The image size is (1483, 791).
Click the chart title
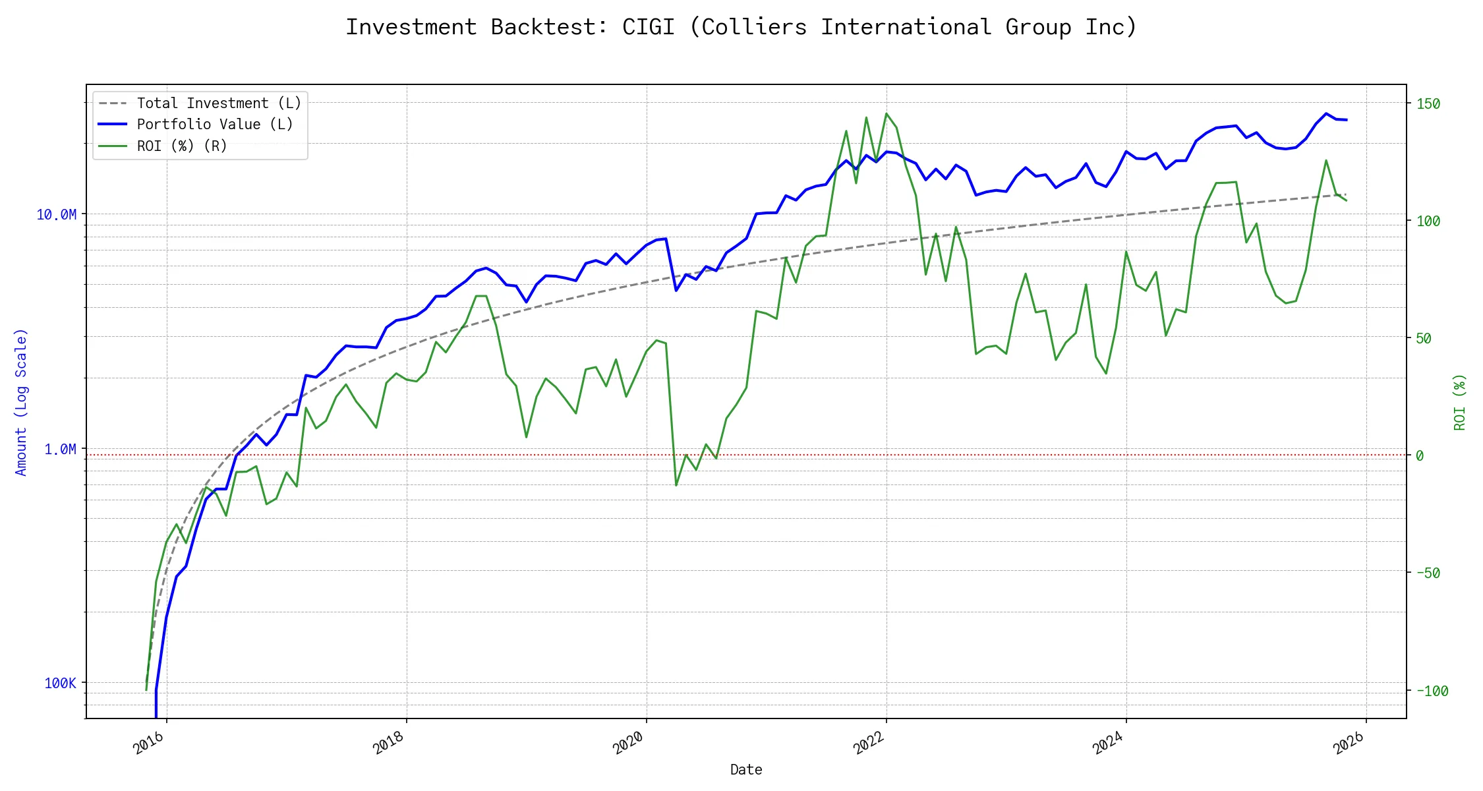(x=741, y=27)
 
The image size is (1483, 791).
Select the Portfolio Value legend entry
(x=215, y=125)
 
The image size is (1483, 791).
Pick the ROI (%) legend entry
(x=182, y=146)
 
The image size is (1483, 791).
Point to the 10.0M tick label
(x=57, y=215)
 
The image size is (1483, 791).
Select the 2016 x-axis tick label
(x=149, y=744)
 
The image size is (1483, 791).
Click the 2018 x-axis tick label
(x=389, y=744)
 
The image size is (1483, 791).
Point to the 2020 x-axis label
(x=629, y=744)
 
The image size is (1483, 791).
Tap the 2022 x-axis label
(x=869, y=744)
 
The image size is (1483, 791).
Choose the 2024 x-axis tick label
(x=1109, y=744)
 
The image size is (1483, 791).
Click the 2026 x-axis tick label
(x=1349, y=744)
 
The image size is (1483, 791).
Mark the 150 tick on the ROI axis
(x=1428, y=104)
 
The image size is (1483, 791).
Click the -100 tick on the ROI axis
(x=1432, y=691)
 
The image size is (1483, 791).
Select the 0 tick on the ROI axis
(x=1420, y=456)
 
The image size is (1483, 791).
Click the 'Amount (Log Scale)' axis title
(x=21, y=402)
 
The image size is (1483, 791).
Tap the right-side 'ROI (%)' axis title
(x=1460, y=402)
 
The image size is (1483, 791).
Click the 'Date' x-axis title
(x=746, y=770)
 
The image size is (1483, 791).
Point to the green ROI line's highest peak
(x=887, y=113)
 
